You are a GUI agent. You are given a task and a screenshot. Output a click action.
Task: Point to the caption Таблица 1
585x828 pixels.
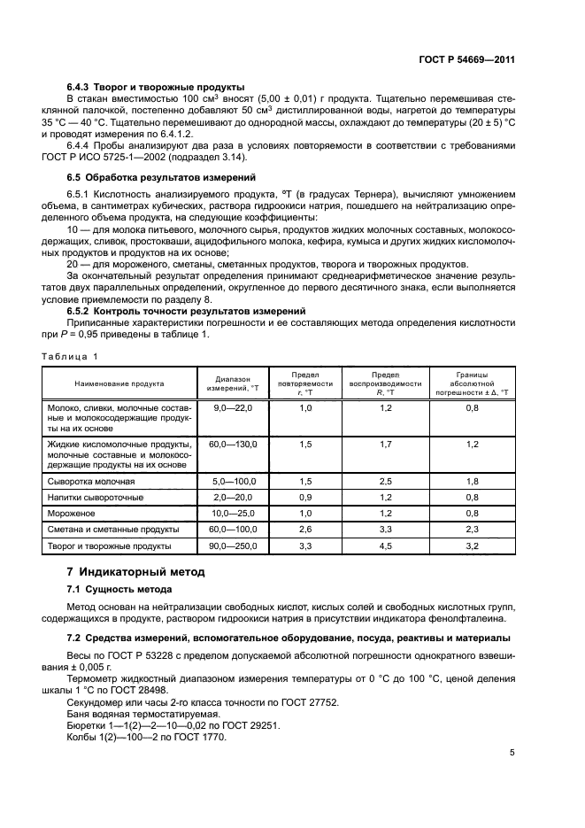tap(70, 355)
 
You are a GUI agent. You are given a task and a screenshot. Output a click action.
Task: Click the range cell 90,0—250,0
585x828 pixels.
tap(233, 546)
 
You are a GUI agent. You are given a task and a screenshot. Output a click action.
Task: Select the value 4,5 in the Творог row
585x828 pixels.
tap(385, 546)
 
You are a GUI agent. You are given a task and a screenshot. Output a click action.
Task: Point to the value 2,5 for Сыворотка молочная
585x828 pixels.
tap(385, 481)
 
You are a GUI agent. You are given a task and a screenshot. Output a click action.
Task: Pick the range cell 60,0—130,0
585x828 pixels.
tap(233, 444)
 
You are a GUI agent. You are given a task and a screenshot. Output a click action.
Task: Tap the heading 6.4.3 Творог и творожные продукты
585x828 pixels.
tap(156, 87)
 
